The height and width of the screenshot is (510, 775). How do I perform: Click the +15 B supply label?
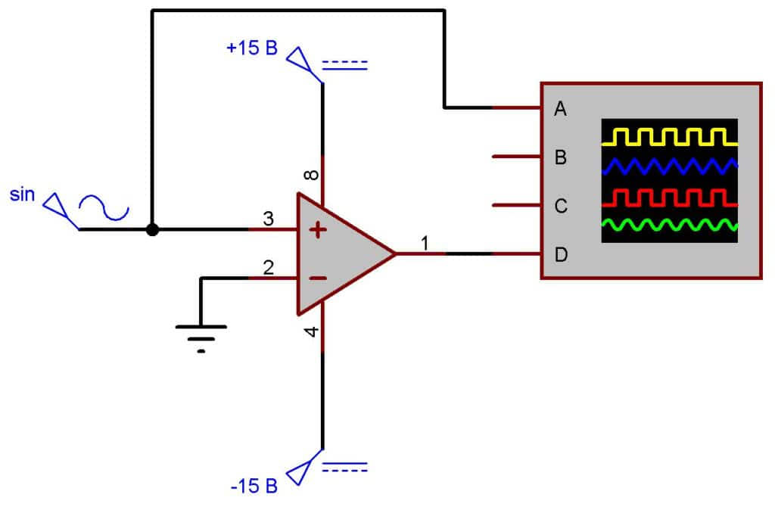252,48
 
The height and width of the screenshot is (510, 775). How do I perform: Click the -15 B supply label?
254,485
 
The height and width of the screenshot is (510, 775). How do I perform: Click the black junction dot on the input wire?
152,229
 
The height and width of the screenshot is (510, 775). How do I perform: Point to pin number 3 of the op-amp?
268,219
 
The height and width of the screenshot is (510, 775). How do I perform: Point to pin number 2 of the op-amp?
268,266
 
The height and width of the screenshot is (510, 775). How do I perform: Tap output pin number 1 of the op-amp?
425,243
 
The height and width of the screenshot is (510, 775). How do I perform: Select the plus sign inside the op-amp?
319,230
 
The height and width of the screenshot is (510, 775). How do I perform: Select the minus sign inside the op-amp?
319,278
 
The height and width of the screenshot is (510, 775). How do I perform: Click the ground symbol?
201,333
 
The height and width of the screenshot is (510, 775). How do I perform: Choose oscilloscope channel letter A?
560,109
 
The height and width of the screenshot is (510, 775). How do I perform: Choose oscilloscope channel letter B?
561,158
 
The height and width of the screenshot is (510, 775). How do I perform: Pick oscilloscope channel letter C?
561,206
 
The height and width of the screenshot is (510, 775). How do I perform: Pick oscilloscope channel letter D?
561,254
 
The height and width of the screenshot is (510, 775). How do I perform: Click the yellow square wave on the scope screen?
669,137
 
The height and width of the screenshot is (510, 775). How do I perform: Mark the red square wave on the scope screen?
669,198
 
